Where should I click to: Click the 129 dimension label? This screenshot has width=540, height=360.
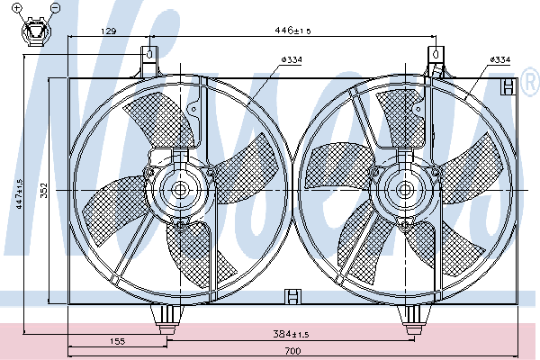point(109,31)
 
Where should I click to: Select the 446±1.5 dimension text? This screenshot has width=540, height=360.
point(292,31)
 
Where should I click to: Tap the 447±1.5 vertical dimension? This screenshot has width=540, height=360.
point(19,193)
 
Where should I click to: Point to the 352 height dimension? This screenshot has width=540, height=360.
point(44,190)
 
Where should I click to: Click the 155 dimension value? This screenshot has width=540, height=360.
point(117,341)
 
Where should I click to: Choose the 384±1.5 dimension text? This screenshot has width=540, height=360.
point(291,334)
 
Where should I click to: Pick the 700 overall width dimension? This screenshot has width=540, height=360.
point(292,351)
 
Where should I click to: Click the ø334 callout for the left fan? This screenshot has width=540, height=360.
point(292,60)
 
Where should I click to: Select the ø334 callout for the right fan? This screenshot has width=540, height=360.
point(500,59)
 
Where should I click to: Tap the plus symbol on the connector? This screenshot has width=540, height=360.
point(17,7)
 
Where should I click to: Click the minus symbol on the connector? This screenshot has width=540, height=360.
point(55,7)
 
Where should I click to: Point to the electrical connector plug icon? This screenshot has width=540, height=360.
point(36,31)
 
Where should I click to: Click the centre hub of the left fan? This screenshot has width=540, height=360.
point(180,190)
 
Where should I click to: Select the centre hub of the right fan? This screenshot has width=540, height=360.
point(405,190)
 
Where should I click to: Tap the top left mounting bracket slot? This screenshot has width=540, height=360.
point(149,54)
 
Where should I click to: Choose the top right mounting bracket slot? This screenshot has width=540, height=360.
point(436,54)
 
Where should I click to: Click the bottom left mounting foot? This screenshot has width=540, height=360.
point(167,319)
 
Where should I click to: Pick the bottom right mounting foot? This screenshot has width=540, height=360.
point(413,319)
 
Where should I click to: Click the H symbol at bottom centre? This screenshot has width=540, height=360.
point(293,297)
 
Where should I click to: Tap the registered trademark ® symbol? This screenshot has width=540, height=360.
point(531,82)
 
